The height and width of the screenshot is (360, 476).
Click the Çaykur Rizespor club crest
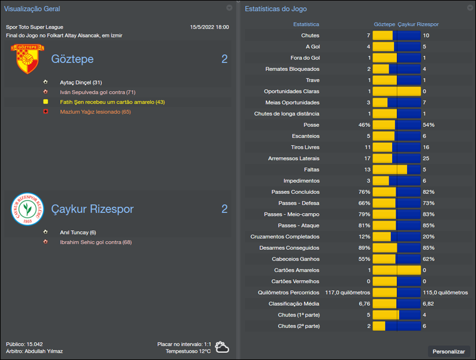click(x=28, y=209)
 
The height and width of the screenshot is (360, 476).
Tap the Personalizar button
click(x=449, y=352)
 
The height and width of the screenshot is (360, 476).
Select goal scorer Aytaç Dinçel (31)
click(x=81, y=82)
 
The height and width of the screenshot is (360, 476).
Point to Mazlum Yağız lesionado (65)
click(x=95, y=112)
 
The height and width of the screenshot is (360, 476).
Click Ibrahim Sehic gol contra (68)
click(x=96, y=242)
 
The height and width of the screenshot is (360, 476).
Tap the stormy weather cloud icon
click(x=223, y=348)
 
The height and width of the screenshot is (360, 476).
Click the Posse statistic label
click(x=311, y=125)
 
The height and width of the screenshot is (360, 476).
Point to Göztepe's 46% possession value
click(x=364, y=125)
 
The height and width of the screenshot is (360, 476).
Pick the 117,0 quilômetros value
click(x=347, y=292)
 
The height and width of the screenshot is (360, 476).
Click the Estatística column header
click(x=306, y=24)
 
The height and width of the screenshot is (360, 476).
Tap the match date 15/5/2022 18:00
click(x=209, y=27)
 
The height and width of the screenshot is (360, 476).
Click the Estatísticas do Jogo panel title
click(x=276, y=9)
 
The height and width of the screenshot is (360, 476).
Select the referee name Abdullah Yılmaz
click(x=43, y=351)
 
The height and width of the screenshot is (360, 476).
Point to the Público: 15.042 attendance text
click(x=24, y=344)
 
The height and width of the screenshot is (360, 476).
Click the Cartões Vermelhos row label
click(x=295, y=281)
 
